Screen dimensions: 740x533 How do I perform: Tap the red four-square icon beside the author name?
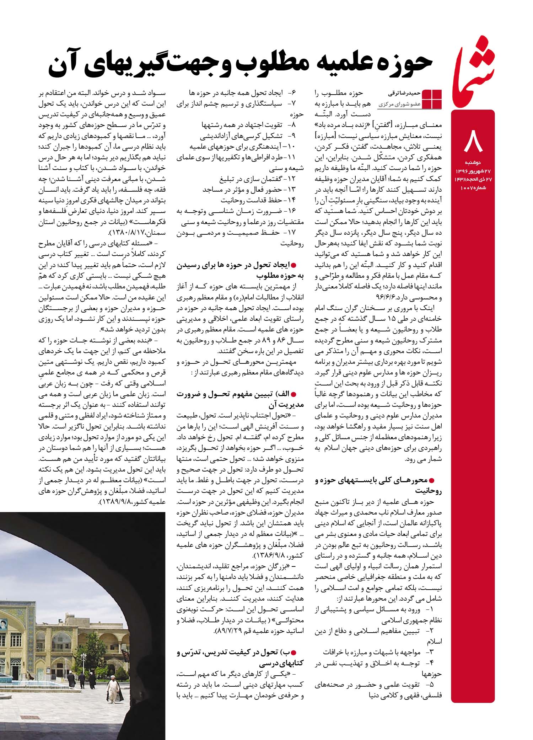[x=432, y=99]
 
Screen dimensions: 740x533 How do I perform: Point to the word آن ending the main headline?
[x=70, y=65]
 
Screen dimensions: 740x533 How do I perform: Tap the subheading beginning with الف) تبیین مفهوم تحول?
[x=241, y=399]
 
